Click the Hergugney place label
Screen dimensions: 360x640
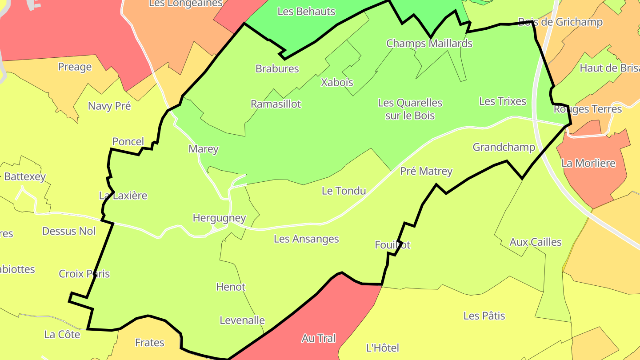tap(219, 218)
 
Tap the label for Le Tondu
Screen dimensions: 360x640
tap(344, 191)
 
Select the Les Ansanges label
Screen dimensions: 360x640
tap(306, 239)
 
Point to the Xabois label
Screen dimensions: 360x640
tap(337, 82)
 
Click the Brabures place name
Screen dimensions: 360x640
tap(277, 68)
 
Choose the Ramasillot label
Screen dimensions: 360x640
tap(276, 104)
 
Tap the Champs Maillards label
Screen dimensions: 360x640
tap(429, 43)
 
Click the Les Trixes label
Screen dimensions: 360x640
tap(502, 101)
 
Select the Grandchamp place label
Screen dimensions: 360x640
tap(504, 147)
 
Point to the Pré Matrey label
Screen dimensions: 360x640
tap(426, 171)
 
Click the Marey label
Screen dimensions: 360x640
tap(203, 149)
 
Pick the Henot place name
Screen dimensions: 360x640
tap(231, 287)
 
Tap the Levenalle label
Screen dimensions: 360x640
tap(242, 320)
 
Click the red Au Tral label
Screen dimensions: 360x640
tap(318, 338)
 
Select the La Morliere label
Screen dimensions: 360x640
tap(588, 163)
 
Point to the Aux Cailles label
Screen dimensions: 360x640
tap(535, 242)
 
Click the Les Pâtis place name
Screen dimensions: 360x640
tap(484, 316)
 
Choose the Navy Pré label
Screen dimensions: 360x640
tap(109, 106)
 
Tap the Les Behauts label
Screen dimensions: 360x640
tap(306, 12)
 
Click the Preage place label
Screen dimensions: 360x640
tap(75, 67)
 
